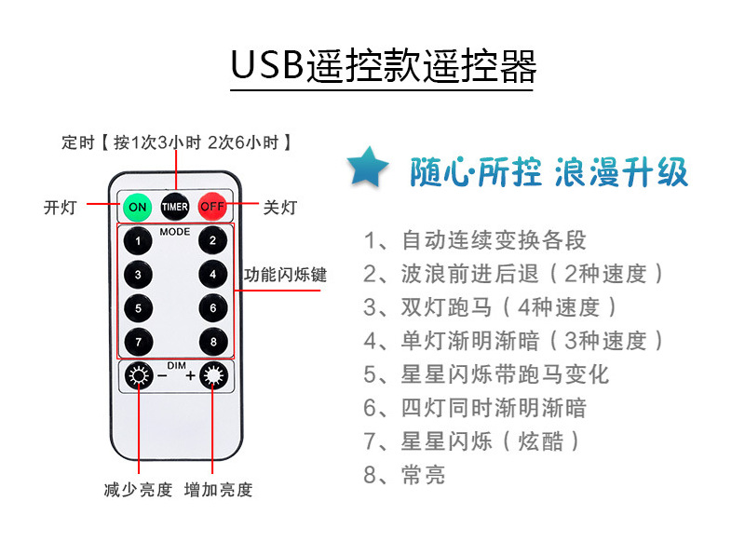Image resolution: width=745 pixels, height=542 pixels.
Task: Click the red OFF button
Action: (x=212, y=205)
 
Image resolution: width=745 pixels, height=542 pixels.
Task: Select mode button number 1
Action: (x=139, y=241)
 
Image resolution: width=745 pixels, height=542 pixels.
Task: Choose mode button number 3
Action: (x=139, y=275)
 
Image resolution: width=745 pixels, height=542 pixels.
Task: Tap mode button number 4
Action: (x=212, y=275)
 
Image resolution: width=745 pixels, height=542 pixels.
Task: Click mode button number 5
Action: (x=139, y=308)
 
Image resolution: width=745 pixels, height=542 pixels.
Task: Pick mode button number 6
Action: (x=212, y=308)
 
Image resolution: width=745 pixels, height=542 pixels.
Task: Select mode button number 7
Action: (x=139, y=342)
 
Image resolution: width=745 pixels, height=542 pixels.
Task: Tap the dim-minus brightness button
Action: (x=140, y=377)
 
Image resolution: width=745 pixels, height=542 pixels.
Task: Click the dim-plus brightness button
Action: (x=214, y=377)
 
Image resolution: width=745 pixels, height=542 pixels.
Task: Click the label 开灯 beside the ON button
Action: (x=60, y=207)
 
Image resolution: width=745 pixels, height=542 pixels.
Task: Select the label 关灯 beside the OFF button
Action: (x=278, y=207)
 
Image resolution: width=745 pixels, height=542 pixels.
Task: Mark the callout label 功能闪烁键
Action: (x=285, y=276)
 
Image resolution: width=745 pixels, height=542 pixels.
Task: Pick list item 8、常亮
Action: (x=405, y=475)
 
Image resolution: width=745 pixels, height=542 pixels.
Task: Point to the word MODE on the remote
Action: (x=175, y=230)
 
